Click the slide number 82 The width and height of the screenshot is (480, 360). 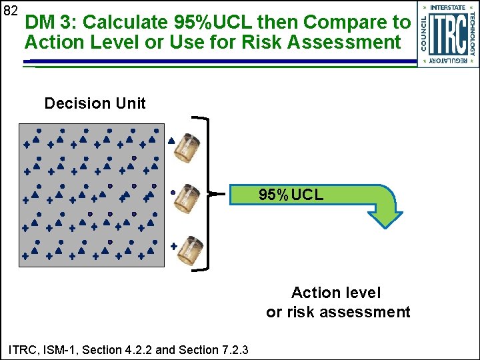point(9,11)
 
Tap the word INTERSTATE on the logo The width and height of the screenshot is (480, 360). point(448,7)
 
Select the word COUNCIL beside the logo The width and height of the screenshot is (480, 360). point(424,33)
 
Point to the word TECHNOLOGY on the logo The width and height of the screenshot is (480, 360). point(471,33)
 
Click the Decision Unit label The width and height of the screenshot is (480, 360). point(95,103)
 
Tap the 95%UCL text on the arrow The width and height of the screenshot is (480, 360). point(291,195)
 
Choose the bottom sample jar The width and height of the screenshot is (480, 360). point(190,251)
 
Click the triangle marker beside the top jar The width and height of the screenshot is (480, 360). point(171,141)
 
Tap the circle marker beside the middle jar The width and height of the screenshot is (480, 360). point(173,192)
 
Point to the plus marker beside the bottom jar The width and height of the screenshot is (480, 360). point(174,246)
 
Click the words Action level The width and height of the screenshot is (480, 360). point(335,293)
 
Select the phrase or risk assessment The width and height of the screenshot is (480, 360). point(338,312)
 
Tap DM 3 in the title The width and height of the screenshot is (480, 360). point(49,22)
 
